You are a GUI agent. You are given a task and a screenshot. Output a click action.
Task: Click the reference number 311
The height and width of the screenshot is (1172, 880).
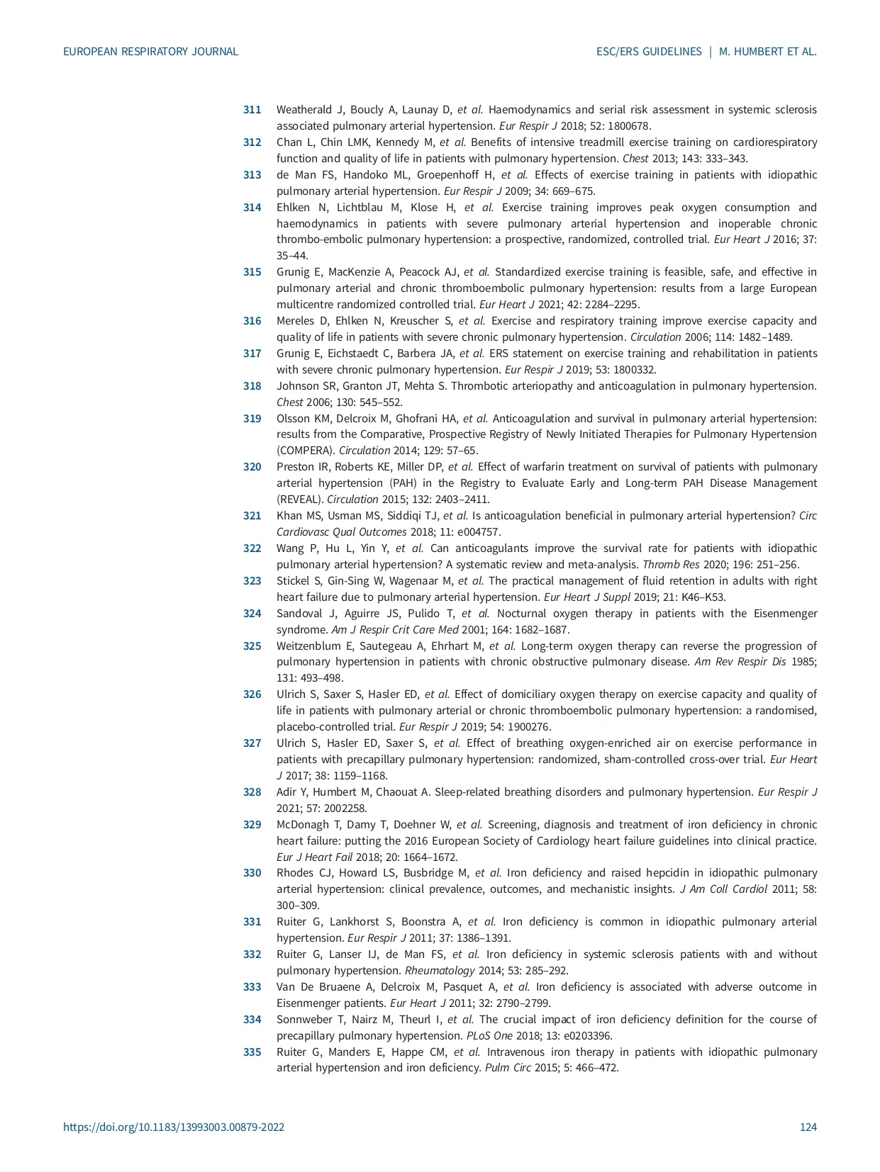tap(252, 110)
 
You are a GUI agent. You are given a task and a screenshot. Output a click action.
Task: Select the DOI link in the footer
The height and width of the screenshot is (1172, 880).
tap(174, 1127)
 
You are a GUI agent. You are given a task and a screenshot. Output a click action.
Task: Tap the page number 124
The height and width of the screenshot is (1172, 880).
tap(808, 1127)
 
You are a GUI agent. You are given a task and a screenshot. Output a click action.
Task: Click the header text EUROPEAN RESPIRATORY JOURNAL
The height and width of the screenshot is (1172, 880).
tap(150, 52)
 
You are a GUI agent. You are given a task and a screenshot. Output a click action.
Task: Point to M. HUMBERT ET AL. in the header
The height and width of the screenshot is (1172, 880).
tap(768, 52)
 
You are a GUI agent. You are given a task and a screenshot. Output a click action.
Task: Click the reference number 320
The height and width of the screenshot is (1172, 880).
tap(252, 467)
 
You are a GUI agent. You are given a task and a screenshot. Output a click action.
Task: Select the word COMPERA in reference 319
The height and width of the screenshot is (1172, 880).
tap(306, 451)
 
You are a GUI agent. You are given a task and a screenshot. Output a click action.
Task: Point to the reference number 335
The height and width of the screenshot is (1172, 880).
tap(252, 1052)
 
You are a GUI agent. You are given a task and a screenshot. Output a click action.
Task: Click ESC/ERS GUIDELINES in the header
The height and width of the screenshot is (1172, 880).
tap(649, 52)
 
